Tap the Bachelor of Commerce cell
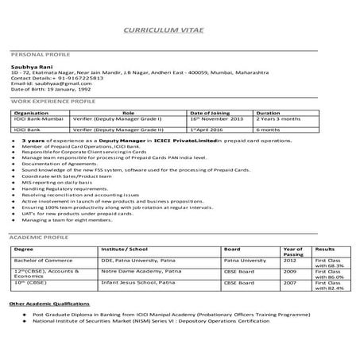point(38,260)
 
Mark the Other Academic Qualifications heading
point(50,303)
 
